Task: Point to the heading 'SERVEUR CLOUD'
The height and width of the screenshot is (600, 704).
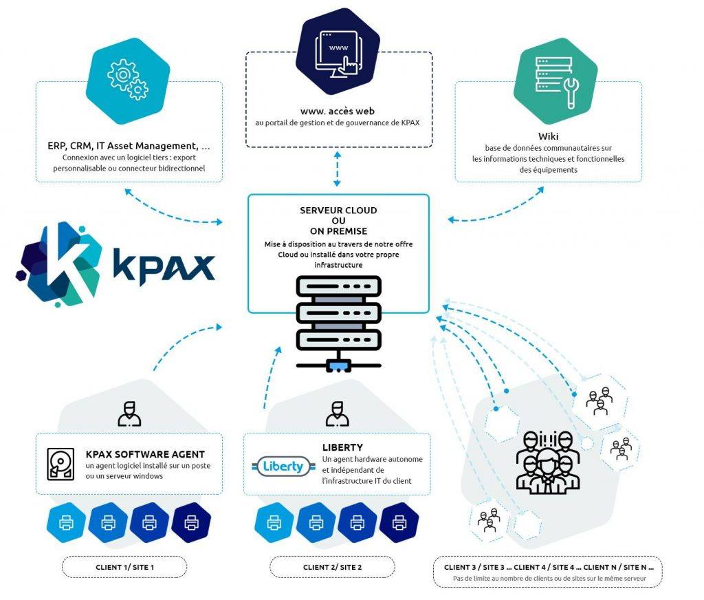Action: [338, 211]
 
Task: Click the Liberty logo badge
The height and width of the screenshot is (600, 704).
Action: [283, 467]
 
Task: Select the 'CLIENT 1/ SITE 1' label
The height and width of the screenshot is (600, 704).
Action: [124, 567]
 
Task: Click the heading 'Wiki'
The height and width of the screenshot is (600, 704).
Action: [549, 136]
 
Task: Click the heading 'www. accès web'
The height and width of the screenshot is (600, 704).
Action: [338, 111]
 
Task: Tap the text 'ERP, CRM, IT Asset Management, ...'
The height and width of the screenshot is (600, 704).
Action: [129, 146]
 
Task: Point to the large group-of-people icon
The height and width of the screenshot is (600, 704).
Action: [544, 462]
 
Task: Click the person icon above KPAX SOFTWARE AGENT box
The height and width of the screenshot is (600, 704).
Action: [129, 413]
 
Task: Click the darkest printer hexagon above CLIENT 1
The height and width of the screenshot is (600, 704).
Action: [192, 523]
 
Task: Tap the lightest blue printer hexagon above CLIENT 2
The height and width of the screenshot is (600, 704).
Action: [274, 523]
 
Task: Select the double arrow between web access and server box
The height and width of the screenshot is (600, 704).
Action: [338, 169]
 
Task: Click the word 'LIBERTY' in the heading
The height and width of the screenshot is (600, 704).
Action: [342, 447]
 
